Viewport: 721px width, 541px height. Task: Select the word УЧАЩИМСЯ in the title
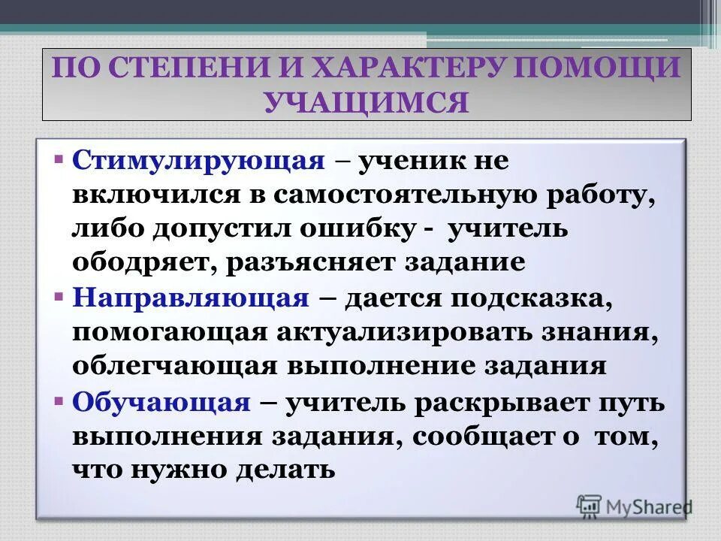coord(367,101)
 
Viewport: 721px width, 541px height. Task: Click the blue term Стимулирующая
coord(198,162)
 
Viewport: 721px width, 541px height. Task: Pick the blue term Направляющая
coord(191,298)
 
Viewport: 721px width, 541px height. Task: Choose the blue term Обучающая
coord(161,402)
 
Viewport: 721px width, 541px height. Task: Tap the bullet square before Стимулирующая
coord(59,160)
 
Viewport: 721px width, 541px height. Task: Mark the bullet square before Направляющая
coord(59,297)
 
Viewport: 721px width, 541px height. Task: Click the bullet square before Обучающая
coord(59,400)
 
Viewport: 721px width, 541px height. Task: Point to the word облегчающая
coord(174,367)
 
